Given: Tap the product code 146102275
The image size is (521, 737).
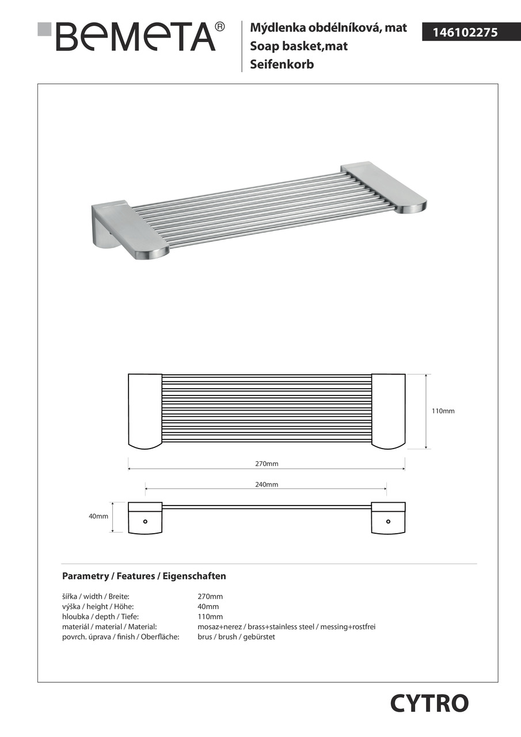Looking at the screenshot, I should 460,33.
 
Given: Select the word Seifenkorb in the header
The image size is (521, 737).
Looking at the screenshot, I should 282,64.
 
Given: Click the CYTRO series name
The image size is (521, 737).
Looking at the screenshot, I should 429,703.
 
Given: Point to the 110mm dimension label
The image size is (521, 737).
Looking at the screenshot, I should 443,411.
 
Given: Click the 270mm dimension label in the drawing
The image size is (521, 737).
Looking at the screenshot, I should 267,464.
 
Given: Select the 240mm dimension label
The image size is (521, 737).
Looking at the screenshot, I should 267,485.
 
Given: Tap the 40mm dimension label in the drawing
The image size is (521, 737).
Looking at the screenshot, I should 98,516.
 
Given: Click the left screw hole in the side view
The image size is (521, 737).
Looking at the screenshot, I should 145,522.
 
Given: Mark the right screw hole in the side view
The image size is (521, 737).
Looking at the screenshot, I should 388,522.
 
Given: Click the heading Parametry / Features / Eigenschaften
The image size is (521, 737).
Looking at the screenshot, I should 144,576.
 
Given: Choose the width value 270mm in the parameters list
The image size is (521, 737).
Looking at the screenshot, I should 210,597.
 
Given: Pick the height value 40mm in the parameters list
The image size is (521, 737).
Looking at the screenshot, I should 208,606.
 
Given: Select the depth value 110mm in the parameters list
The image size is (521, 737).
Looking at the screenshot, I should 210,617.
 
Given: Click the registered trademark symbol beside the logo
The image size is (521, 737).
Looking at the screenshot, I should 219,26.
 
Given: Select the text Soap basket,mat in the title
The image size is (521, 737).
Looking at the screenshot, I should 299,46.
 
